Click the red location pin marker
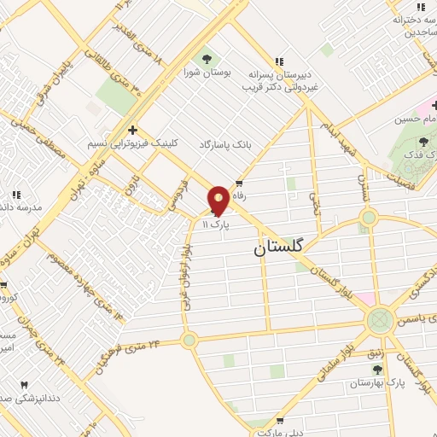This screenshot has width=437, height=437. (218, 200)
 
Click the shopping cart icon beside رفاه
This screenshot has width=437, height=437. (239, 184)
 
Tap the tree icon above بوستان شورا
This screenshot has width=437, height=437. (207, 59)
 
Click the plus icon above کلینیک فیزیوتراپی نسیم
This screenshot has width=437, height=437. (131, 130)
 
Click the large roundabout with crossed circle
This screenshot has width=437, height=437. (379, 322)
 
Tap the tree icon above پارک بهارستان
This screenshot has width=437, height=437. (377, 369)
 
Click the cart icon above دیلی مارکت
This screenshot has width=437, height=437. (279, 422)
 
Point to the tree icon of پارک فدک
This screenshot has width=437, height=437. (424, 142)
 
